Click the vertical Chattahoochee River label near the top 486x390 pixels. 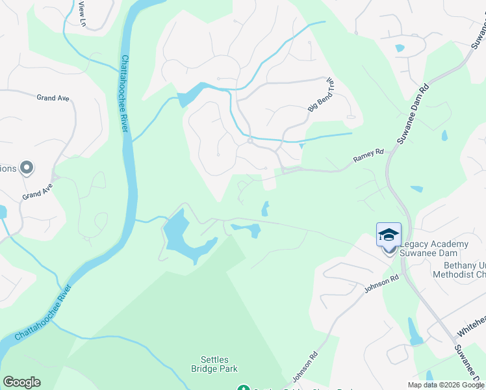[x=123, y=92]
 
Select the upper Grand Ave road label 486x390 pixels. [x=53, y=98]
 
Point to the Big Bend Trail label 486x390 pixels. [x=320, y=95]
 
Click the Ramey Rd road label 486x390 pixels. [x=368, y=155]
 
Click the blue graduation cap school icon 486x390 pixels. [x=389, y=235]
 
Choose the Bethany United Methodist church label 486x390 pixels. [x=455, y=270]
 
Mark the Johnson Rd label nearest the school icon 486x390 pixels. [x=381, y=284]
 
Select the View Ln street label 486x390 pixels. [x=82, y=13]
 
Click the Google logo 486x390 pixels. [x=21, y=382]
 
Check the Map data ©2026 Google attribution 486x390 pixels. [x=446, y=385]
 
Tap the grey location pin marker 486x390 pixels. [x=27, y=168]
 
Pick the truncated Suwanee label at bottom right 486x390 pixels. [x=468, y=367]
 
